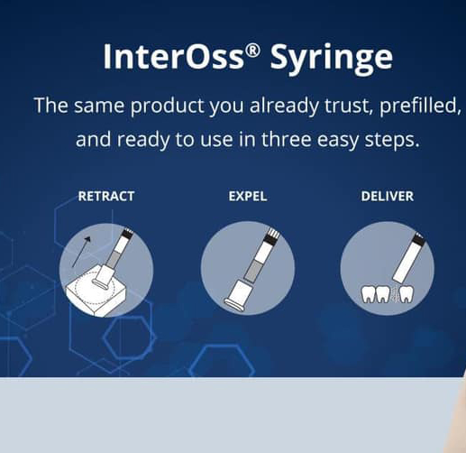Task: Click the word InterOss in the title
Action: (173, 57)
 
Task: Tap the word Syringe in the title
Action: (332, 60)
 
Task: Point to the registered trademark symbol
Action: (251, 51)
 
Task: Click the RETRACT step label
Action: (106, 197)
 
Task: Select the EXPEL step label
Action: (248, 197)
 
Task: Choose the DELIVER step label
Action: (387, 197)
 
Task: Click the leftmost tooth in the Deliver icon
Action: (367, 294)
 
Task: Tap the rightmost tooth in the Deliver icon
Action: (406, 294)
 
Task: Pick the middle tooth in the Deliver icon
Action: (382, 294)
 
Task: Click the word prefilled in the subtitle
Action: (420, 106)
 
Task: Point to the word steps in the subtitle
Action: (392, 140)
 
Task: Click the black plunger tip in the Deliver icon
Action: (419, 238)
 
